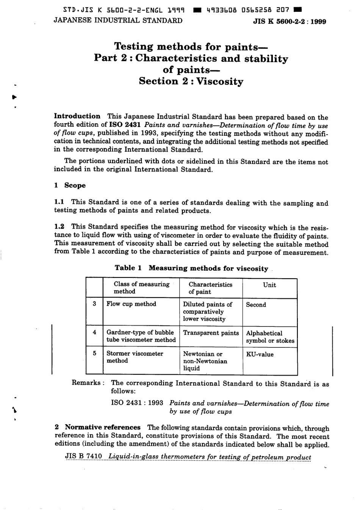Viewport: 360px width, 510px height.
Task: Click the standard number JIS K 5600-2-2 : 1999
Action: coord(289,22)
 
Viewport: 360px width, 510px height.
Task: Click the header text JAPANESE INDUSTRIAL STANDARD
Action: coord(118,20)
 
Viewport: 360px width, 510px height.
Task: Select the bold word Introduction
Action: coord(77,116)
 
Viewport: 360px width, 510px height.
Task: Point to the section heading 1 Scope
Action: coord(70,185)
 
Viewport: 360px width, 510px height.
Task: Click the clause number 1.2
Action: coord(59,226)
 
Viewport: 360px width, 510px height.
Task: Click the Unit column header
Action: coord(269,285)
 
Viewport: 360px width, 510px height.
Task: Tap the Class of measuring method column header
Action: coord(141,288)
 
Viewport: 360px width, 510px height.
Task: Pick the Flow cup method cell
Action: coord(131,304)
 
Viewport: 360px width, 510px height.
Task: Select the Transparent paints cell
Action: coord(211,333)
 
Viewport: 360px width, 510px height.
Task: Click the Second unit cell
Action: coord(256,304)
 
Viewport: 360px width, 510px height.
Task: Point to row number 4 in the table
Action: coord(94,332)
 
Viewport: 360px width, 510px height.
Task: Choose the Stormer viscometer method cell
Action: coord(135,357)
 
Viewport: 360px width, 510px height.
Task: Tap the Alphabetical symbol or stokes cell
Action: coord(270,337)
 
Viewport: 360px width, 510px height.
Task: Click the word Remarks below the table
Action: coord(86,383)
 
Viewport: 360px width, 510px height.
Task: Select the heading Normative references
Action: coord(103,427)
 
